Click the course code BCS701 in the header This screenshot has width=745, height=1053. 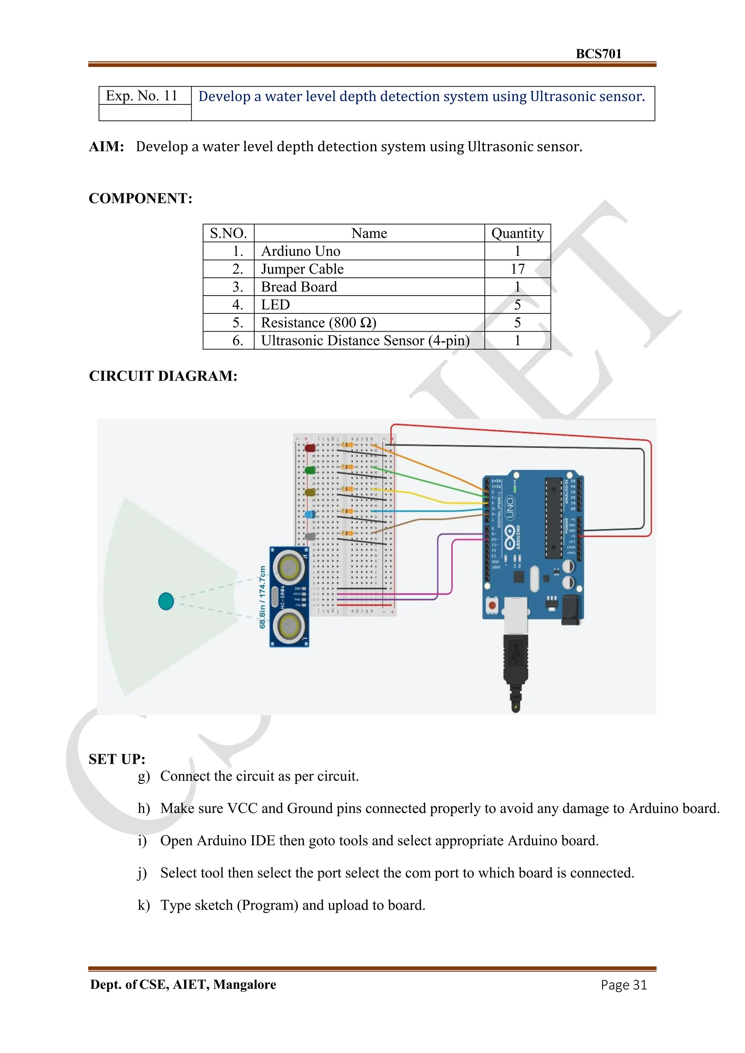pos(598,54)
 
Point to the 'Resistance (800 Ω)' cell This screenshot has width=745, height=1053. pos(318,323)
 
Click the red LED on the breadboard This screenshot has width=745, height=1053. pos(310,448)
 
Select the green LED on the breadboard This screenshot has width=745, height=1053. pos(310,470)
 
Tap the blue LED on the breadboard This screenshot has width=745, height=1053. pos(310,515)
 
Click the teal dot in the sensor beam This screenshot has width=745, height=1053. pos(166,601)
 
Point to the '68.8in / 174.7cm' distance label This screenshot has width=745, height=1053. pos(262,597)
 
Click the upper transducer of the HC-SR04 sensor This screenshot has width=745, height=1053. pos(290,567)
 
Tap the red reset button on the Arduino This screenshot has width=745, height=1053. pos(492,605)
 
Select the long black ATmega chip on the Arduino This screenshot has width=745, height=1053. pos(553,518)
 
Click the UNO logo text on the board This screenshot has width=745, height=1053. pos(510,508)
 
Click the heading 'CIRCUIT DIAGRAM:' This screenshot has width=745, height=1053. pos(163,376)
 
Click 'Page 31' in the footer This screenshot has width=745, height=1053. pos(623,985)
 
